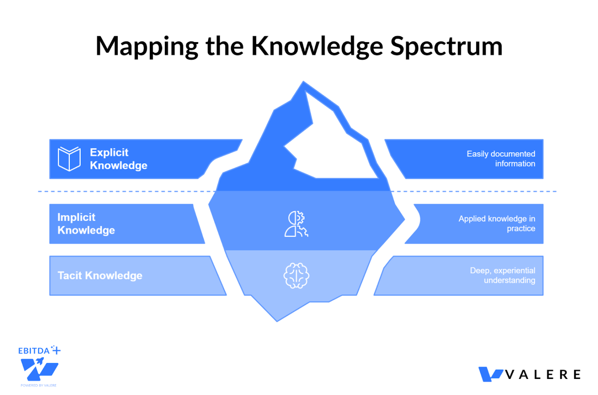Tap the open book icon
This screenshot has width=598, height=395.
69,159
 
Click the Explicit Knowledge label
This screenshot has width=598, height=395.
118,159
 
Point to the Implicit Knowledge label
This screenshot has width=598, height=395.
86,224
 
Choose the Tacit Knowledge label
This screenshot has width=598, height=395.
100,275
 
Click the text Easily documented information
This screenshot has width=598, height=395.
501,159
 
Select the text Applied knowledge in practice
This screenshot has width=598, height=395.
497,224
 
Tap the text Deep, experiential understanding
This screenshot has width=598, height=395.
502,275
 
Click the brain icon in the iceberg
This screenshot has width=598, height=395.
296,275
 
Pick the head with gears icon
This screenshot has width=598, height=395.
296,224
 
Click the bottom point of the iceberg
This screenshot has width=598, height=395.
277,320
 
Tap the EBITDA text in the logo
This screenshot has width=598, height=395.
34,351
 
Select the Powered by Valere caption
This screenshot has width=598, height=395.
39,385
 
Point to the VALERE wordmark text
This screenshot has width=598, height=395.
543,375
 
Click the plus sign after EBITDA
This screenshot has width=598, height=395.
56,350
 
